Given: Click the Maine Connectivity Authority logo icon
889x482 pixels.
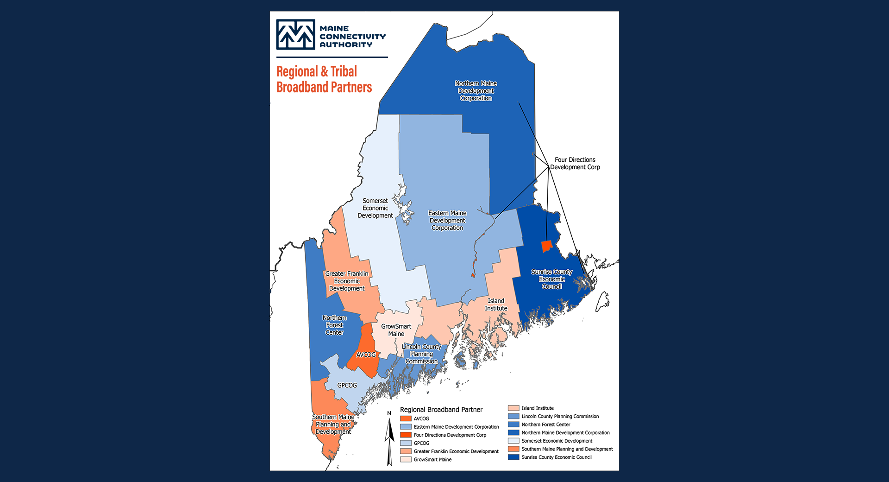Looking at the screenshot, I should (x=295, y=34).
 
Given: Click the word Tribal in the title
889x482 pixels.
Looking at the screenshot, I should (x=344, y=72).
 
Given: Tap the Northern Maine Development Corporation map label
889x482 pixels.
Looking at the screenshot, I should (x=476, y=91).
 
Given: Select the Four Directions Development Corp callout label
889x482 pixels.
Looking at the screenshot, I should (x=575, y=164).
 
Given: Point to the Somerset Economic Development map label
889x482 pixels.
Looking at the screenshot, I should (x=375, y=208).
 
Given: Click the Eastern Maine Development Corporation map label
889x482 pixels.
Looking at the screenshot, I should (x=447, y=221).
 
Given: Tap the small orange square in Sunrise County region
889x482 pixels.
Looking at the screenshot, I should (x=547, y=247).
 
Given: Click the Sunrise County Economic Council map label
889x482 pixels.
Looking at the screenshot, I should (x=552, y=279).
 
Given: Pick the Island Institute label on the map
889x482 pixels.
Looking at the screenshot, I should (x=496, y=304).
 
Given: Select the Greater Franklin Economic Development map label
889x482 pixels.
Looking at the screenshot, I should (x=347, y=281).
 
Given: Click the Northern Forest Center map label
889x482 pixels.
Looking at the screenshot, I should (x=335, y=325).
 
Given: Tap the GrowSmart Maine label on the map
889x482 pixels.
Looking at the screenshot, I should (x=396, y=330).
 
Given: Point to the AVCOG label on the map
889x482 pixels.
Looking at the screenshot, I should (x=366, y=355).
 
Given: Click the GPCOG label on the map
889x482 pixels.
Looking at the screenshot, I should (x=347, y=385).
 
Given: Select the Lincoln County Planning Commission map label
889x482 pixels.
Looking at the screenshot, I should (x=421, y=354).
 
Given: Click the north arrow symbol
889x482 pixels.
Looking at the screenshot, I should (x=389, y=438).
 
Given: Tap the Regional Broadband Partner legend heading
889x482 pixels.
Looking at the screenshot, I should (x=441, y=410).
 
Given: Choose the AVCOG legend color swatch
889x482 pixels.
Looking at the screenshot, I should (x=406, y=419).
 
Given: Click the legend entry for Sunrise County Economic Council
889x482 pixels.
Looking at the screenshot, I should (x=556, y=457).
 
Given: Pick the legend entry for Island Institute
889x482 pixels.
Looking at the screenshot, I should (x=537, y=408).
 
